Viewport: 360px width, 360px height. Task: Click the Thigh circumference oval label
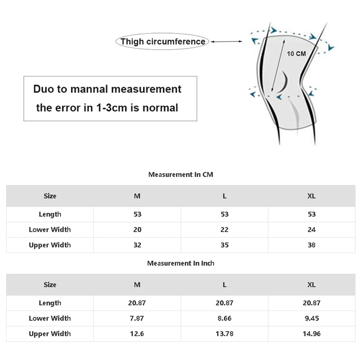163,41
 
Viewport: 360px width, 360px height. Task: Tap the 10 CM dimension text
296,54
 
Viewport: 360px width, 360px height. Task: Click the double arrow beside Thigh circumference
226,41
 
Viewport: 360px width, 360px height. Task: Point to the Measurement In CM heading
181,175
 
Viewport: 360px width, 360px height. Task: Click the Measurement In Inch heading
181,263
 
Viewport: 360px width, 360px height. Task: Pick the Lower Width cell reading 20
137,230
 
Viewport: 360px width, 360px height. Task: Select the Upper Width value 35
225,245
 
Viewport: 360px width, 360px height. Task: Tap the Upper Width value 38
312,245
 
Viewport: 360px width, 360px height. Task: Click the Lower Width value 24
312,230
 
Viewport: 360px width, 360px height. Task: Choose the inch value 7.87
137,318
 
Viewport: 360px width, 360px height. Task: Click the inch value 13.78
225,334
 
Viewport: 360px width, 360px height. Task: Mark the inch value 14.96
312,334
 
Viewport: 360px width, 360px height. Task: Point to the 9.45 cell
312,318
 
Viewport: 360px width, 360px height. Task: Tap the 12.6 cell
137,334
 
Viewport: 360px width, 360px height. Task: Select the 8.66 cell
225,318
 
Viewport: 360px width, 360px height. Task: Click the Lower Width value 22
225,230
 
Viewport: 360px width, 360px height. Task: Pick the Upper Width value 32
137,245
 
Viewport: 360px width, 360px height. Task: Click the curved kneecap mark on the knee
285,81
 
